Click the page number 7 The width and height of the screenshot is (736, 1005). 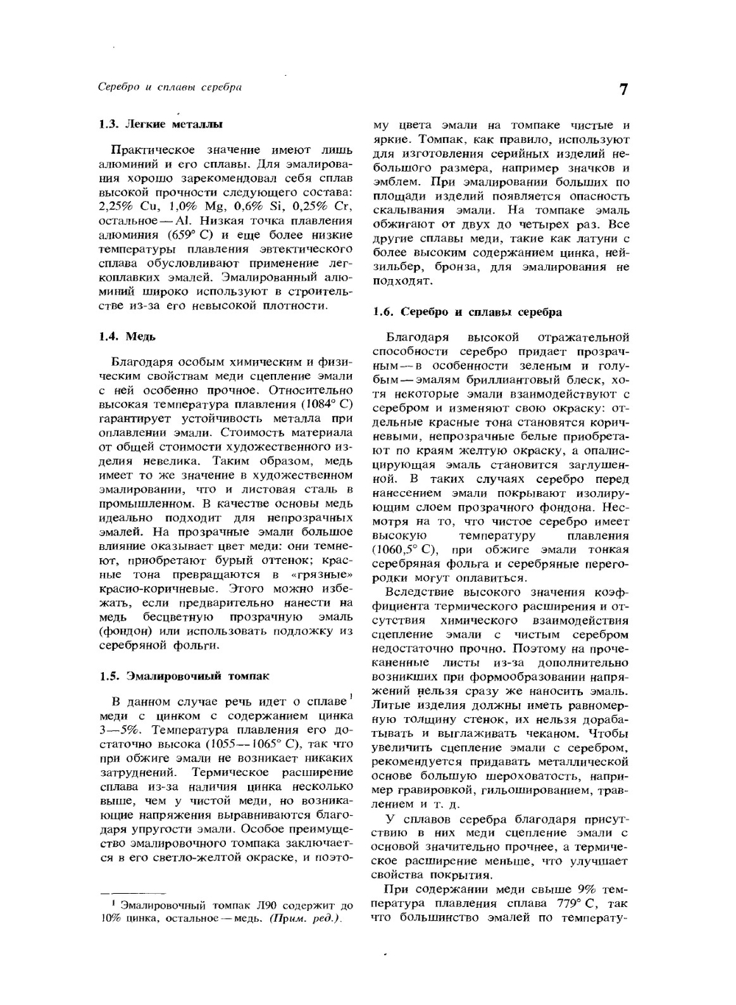623,90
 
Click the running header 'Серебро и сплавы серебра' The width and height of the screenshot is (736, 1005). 170,87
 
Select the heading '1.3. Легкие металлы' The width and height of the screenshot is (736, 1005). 160,124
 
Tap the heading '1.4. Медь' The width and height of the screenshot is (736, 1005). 127,336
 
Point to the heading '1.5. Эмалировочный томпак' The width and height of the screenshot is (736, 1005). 184,675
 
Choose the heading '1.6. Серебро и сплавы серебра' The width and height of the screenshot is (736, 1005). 467,311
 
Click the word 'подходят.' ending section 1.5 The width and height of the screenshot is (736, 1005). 402,281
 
